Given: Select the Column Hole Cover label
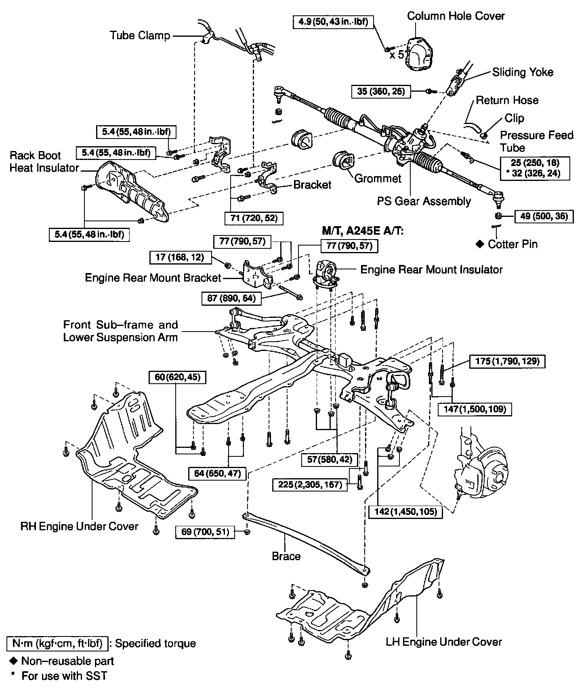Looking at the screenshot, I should coord(456,16).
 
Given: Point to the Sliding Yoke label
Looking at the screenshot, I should coord(523,72).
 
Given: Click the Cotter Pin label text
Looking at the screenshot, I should coord(512,244).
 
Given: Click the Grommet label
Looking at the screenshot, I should coord(378,178).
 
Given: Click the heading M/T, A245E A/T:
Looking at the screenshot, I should coord(363,231).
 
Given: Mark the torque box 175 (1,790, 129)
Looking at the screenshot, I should coord(507,361).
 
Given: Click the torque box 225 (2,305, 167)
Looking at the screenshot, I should coord(310,484).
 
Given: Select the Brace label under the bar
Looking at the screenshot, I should coord(286,556).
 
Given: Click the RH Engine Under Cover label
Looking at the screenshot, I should coord(79,526).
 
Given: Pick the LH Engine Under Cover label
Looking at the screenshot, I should coord(443,642).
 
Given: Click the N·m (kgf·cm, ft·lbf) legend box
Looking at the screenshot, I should coord(57,644).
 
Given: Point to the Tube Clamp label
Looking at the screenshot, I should coord(140,36).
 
